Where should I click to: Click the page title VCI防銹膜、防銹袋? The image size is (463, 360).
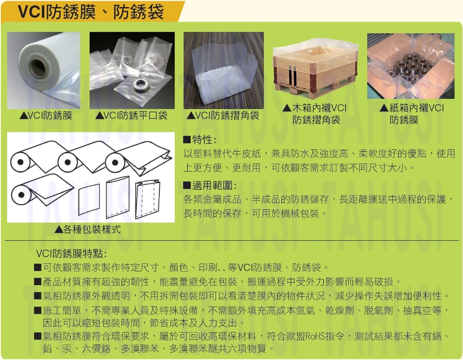pyautogui.click(x=90, y=12)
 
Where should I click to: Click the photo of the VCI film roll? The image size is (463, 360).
pyautogui.click(x=43, y=70)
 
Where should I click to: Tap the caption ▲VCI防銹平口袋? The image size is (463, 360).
pyautogui.click(x=132, y=116)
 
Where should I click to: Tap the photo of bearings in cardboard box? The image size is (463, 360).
pyautogui.click(x=410, y=66)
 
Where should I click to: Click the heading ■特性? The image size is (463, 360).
pyautogui.click(x=200, y=140)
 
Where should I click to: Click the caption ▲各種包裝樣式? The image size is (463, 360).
pyautogui.click(x=88, y=229)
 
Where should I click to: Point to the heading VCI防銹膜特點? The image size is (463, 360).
pyautogui.click(x=71, y=254)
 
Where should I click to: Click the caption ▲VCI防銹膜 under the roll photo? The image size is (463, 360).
pyautogui.click(x=46, y=116)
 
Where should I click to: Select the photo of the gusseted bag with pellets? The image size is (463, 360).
pyautogui.click(x=224, y=70)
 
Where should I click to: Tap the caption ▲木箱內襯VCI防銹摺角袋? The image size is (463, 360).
pyautogui.click(x=315, y=114)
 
